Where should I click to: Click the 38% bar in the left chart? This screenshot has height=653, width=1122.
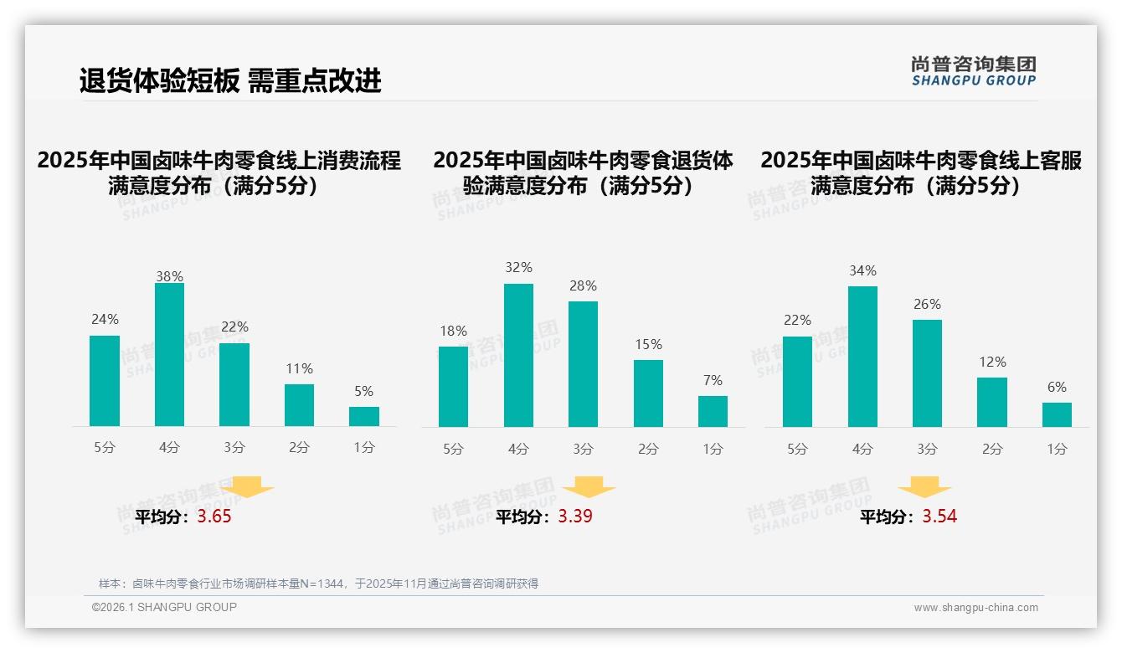point(169,355)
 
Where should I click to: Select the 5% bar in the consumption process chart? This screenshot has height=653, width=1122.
point(364,417)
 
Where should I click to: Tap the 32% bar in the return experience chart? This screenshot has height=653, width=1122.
point(518,356)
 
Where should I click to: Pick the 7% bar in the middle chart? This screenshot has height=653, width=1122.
point(713,412)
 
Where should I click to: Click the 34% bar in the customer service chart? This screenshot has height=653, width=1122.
point(862,357)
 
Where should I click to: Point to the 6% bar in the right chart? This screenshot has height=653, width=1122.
point(1057,415)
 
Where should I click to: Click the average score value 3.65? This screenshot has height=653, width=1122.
point(214,517)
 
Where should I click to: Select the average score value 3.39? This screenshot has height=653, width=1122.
point(575,517)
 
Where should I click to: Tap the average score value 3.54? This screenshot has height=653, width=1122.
point(939,517)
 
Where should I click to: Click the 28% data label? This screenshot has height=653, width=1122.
point(583,286)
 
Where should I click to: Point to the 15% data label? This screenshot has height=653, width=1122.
point(648,345)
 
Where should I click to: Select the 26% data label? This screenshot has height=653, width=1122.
point(927,305)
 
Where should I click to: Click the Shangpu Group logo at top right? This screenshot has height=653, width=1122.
point(973,71)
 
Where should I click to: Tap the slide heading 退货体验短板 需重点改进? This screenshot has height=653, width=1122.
point(230,80)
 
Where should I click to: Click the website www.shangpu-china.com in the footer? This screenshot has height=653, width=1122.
point(975,608)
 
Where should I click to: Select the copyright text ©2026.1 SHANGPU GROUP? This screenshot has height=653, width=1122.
point(164,608)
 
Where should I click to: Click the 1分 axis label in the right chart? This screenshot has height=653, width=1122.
point(1057,450)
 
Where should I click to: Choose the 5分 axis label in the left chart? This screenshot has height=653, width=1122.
point(105,448)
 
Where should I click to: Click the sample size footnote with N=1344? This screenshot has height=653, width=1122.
point(318,584)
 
